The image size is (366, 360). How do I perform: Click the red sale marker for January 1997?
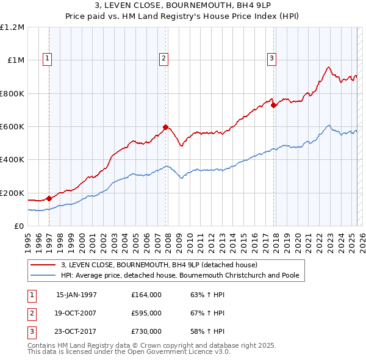pos(49,199)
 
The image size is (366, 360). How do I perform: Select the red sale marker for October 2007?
pos(165,127)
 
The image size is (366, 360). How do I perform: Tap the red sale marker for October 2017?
pos(274,105)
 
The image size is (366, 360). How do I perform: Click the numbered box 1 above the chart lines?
pos(48,59)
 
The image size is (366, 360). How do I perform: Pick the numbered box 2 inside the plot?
pos(164,59)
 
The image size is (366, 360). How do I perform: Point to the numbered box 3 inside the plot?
pos(272,59)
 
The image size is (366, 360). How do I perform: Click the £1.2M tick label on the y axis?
pos(12,27)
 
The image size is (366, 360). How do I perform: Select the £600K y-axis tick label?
pos(12,127)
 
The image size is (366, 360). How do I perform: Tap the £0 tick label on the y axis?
pos(19,226)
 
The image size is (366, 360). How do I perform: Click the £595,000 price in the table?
pos(146,313)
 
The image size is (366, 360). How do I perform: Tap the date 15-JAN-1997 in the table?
pos(76,295)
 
